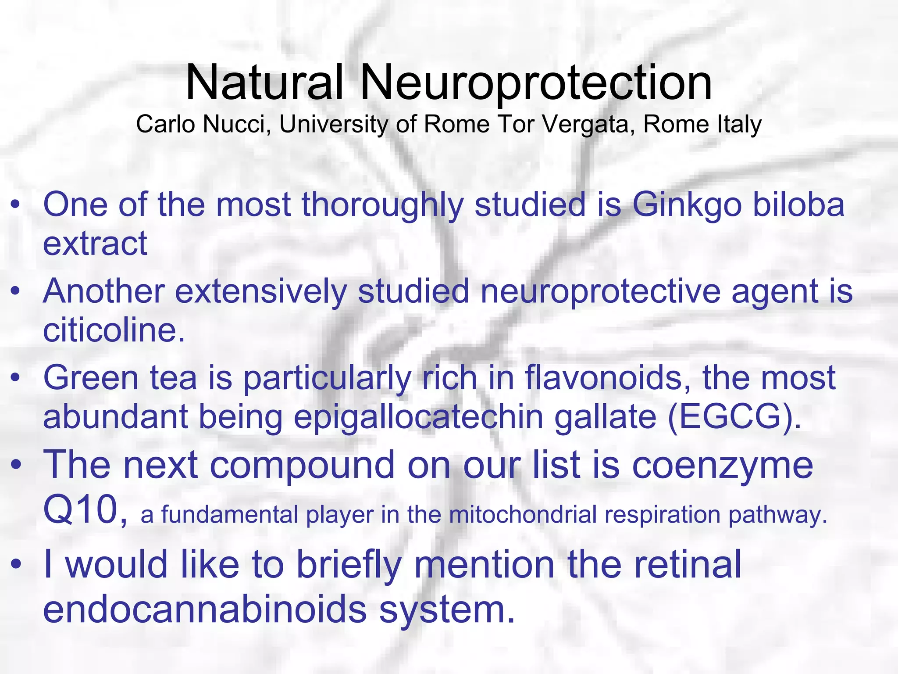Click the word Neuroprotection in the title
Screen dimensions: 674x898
pos(536,82)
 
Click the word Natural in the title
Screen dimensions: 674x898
pos(264,82)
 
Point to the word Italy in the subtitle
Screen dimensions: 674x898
pos(739,124)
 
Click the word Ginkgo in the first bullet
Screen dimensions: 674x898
pos(687,205)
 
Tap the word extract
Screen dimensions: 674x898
pos(95,244)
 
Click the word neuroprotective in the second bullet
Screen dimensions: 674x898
pos(600,291)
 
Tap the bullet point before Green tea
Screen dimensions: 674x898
pos(16,378)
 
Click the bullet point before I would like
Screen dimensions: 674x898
pos(16,564)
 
